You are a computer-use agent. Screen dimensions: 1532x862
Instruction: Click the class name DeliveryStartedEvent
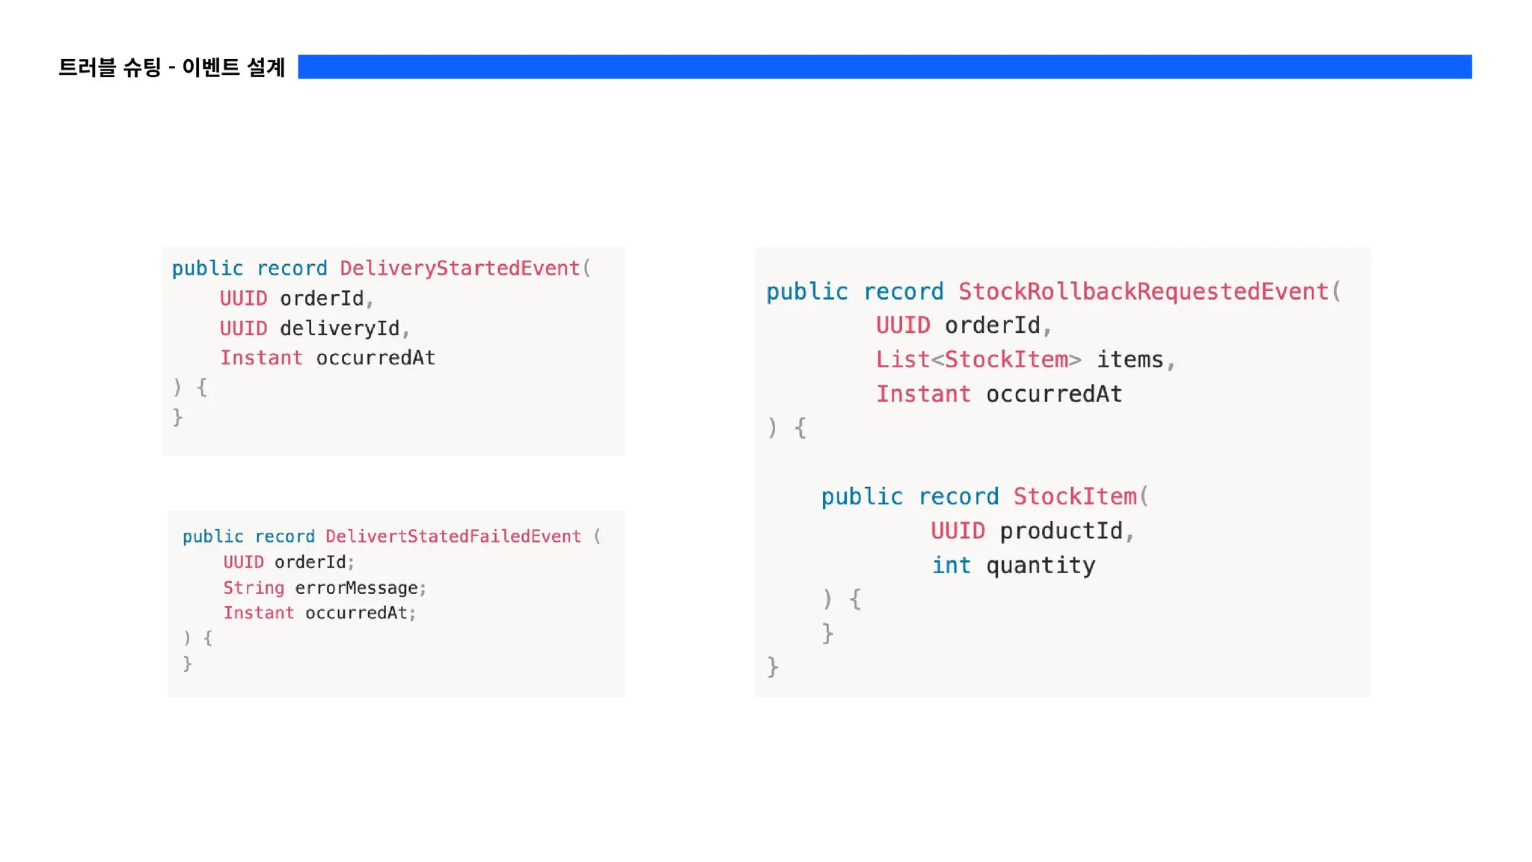tap(460, 268)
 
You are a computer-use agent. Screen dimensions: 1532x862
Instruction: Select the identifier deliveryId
tap(340, 328)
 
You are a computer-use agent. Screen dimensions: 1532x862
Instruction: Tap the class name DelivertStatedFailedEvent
tap(453, 537)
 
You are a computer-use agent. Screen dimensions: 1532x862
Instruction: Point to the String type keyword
tap(254, 588)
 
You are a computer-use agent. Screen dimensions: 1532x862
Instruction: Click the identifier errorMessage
tap(356, 588)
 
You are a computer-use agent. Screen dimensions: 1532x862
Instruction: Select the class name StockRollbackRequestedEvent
tap(1143, 291)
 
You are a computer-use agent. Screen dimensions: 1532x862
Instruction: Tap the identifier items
tap(1130, 360)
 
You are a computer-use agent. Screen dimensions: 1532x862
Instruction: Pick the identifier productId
tap(1061, 531)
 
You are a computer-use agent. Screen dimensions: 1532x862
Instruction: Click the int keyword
tap(951, 566)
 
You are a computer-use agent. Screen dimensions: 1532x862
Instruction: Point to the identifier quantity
tap(1041, 566)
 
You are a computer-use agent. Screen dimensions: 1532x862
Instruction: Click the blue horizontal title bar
tap(884, 67)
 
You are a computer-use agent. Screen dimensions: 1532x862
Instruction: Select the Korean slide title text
tap(172, 67)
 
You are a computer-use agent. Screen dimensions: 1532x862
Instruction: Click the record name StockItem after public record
tap(1075, 497)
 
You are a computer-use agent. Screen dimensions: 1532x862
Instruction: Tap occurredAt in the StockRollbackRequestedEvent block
tap(1054, 394)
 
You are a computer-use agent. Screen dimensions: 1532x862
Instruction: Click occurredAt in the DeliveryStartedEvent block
tap(376, 358)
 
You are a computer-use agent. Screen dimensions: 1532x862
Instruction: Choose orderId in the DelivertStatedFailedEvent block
tap(310, 562)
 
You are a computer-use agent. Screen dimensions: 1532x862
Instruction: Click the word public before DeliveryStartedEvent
tap(207, 268)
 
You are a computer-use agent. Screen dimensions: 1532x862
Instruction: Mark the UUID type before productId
tap(957, 531)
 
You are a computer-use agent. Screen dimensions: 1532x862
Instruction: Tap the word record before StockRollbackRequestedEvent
tap(904, 291)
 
